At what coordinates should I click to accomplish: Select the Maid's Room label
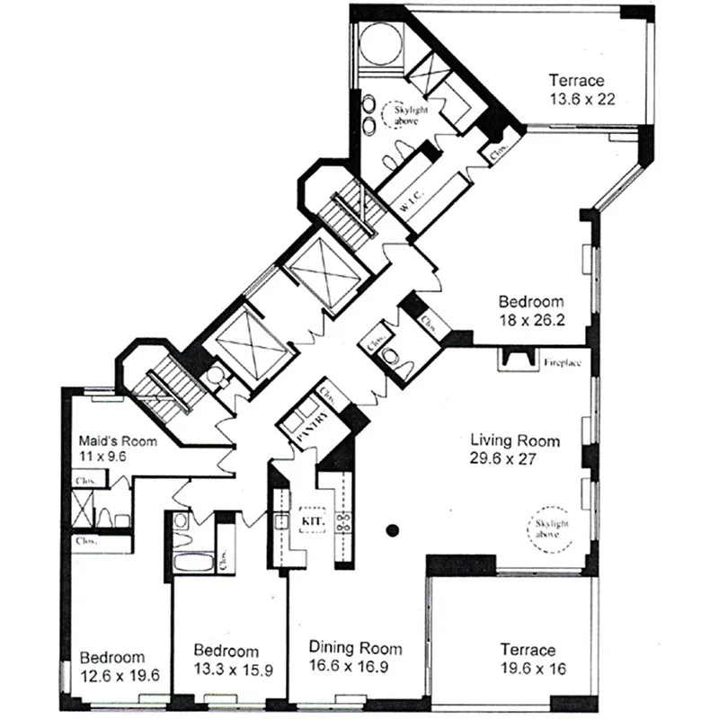[x=117, y=441]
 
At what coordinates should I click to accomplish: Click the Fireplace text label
[x=563, y=364]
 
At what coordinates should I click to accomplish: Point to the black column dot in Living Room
[x=392, y=530]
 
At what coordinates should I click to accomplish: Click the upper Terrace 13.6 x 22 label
[x=581, y=90]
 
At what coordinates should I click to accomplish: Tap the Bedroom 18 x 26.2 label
[x=532, y=310]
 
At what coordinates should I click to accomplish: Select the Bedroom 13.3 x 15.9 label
[x=226, y=660]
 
